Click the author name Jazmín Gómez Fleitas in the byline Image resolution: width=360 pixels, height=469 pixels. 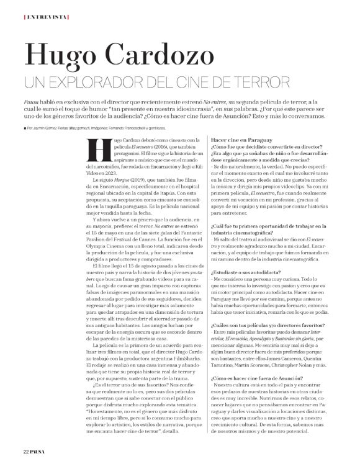point(59,128)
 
